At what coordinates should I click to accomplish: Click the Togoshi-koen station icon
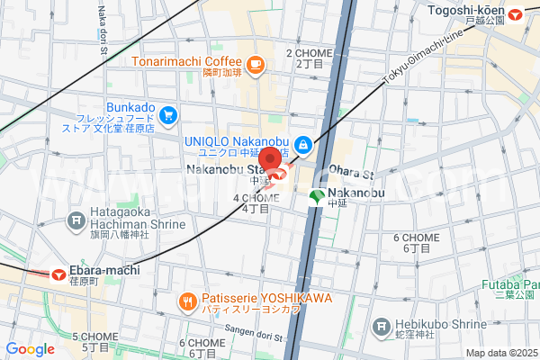coord(516,13)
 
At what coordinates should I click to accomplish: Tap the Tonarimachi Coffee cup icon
coord(256,63)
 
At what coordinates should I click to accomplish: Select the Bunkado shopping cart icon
coord(168,114)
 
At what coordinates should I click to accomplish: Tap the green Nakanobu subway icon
coord(316,197)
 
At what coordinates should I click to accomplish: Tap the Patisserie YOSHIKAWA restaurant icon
coord(186,300)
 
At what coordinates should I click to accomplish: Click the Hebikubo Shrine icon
coord(382,324)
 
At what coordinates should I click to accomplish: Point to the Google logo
coord(30,349)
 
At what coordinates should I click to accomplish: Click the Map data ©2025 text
coord(499,352)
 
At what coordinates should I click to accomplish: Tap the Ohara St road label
coord(351,171)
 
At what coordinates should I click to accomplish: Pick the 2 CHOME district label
coord(304,58)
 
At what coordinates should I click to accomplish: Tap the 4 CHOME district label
coord(256,203)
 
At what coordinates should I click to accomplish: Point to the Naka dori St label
coord(103,27)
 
